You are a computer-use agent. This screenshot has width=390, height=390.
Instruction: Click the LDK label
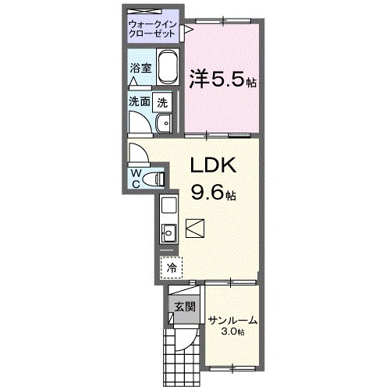coord(210,166)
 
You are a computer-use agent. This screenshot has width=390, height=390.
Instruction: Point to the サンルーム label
coord(232,320)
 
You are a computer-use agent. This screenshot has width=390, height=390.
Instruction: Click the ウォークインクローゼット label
coord(153,30)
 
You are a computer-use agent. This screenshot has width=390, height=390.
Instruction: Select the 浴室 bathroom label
coord(140,68)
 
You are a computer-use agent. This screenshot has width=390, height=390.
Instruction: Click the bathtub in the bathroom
coord(167,69)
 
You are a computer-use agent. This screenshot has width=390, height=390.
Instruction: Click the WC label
coord(136,177)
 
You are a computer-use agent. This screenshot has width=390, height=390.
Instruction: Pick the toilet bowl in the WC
coord(158,179)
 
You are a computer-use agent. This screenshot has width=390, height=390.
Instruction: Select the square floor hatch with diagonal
coord(196,228)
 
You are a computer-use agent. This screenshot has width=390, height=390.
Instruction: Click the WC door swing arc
coord(140,152)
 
